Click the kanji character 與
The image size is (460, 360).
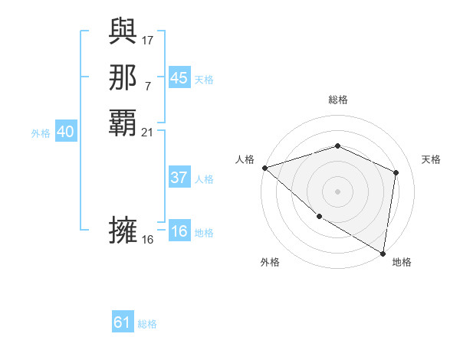pyautogui.click(x=123, y=31)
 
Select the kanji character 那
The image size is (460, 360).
pyautogui.click(x=123, y=77)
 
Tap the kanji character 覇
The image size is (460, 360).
pyautogui.click(x=123, y=123)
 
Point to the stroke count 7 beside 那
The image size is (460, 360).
pyautogui.click(x=148, y=86)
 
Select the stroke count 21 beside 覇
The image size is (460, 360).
pyautogui.click(x=148, y=133)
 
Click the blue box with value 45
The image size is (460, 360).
pyautogui.click(x=179, y=78)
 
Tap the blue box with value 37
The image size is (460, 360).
pyautogui.click(x=179, y=178)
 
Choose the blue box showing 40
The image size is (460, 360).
pyautogui.click(x=65, y=133)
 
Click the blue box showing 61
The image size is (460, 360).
pyautogui.click(x=123, y=322)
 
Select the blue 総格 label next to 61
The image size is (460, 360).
pyautogui.click(x=147, y=324)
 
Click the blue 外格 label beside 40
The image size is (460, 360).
pyautogui.click(x=41, y=133)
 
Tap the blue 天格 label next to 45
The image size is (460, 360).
pyautogui.click(x=204, y=79)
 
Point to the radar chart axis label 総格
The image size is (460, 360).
pyautogui.click(x=337, y=100)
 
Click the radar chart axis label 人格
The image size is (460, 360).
pyautogui.click(x=245, y=159)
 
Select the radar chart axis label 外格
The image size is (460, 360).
pyautogui.click(x=270, y=262)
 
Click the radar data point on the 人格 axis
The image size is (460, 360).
pyautogui.click(x=264, y=168)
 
